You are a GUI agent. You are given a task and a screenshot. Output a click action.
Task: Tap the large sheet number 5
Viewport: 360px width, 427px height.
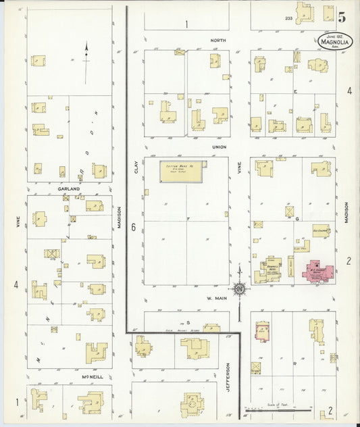pyautogui.click(x=342, y=18)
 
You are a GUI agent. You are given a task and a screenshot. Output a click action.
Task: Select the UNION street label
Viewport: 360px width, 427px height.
pyautogui.click(x=219, y=147)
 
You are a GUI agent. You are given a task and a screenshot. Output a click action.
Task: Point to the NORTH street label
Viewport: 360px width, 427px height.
pyautogui.click(x=217, y=41)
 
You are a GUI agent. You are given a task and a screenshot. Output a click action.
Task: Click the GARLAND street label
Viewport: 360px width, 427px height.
pyautogui.click(x=70, y=189)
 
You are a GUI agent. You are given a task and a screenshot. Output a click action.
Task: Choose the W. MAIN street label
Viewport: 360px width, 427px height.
pyautogui.click(x=215, y=297)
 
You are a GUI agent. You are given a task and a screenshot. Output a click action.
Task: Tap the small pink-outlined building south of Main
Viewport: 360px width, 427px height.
pyautogui.click(x=262, y=332)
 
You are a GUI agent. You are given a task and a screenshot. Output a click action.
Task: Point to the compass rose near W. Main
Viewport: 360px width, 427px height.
pyautogui.click(x=239, y=288)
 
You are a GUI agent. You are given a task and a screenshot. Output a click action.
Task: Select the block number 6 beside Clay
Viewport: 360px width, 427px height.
pyautogui.click(x=134, y=228)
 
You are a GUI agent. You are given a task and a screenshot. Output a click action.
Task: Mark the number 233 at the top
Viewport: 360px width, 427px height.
pyautogui.click(x=289, y=18)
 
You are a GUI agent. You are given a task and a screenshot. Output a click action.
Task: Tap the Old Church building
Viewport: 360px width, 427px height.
pyautogui.click(x=320, y=231)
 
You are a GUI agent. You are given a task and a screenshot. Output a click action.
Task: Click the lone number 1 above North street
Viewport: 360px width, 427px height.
pyautogui.click(x=186, y=24)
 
